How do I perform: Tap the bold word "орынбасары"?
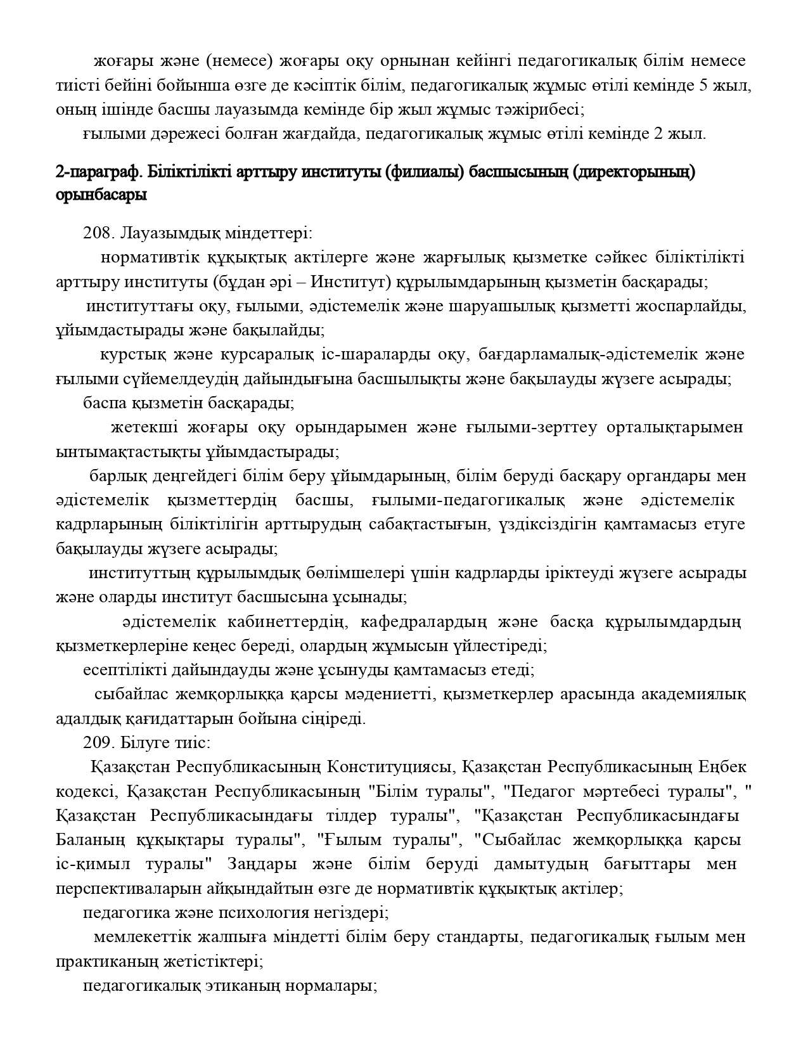tap(101, 196)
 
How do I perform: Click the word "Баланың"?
tap(90, 841)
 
